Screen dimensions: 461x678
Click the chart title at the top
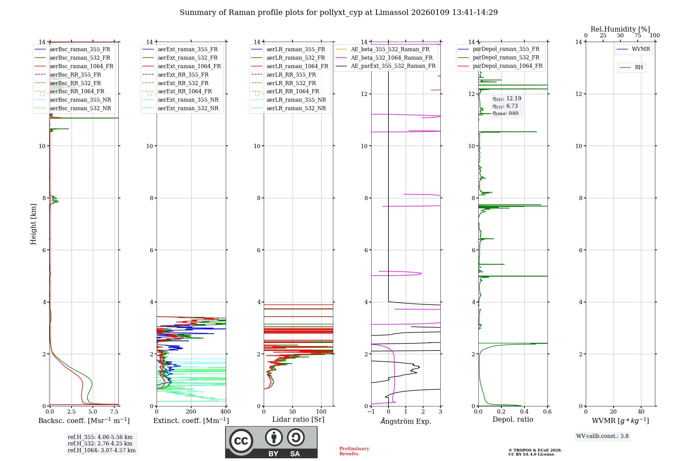(339, 13)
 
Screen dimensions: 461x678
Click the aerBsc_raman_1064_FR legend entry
(81, 66)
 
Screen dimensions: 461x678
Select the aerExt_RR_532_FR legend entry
(183, 83)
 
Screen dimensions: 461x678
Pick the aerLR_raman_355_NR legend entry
(296, 100)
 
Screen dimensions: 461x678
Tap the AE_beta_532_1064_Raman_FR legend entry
(392, 58)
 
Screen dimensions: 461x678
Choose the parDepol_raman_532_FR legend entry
(506, 58)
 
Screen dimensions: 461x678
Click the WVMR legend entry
(640, 49)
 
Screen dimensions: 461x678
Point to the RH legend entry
(639, 67)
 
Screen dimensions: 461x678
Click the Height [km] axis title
(33, 224)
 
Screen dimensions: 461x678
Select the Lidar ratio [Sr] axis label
(298, 419)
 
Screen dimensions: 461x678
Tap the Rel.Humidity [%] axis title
(620, 29)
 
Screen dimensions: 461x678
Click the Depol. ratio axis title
(513, 419)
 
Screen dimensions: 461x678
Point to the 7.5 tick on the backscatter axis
(114, 412)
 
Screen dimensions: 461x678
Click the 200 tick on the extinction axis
(191, 412)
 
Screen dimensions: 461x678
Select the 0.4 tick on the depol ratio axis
(524, 412)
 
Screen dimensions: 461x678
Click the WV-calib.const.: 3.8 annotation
(602, 436)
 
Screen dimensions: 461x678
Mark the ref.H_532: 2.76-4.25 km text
(100, 443)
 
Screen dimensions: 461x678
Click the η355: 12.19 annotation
(507, 99)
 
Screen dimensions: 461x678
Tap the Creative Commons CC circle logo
(241, 441)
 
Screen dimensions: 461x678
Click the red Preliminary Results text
(354, 451)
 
